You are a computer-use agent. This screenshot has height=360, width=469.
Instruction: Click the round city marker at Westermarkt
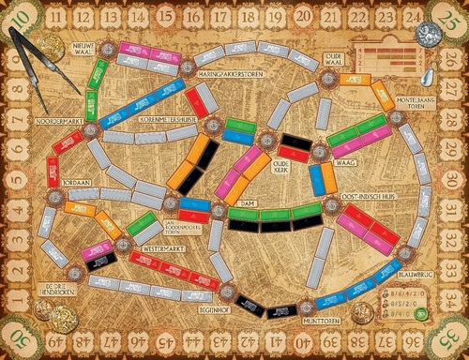click(123, 244)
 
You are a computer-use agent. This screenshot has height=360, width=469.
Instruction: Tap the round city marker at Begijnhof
click(225, 292)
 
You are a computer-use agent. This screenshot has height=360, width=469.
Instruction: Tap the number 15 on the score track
click(166, 15)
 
